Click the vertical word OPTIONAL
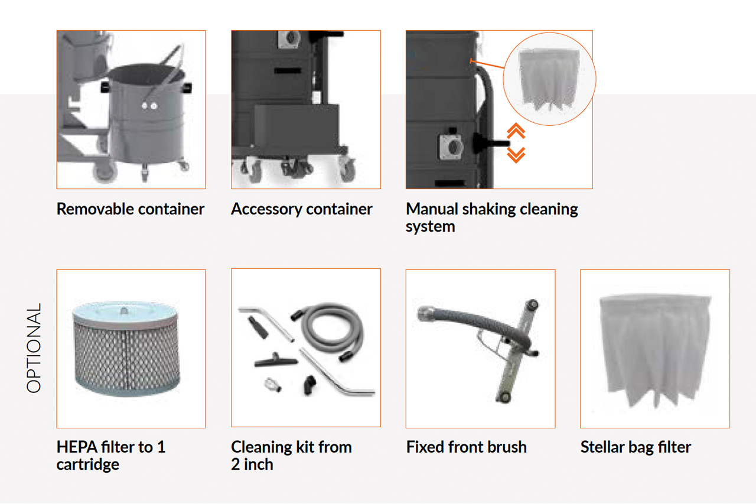pyautogui.click(x=34, y=348)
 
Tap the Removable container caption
pyautogui.click(x=131, y=209)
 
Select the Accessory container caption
pyautogui.click(x=302, y=209)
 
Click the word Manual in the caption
pyautogui.click(x=432, y=209)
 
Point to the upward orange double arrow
pyautogui.click(x=516, y=131)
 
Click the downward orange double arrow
pyautogui.click(x=516, y=155)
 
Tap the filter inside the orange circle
pyautogui.click(x=549, y=80)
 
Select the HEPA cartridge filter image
pyautogui.click(x=126, y=348)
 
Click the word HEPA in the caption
pyautogui.click(x=77, y=447)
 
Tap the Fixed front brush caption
pyautogui.click(x=466, y=447)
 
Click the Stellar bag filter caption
pyautogui.click(x=636, y=447)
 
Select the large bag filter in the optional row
pyautogui.click(x=655, y=351)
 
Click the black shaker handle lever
pyautogui.click(x=491, y=143)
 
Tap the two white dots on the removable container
pyautogui.click(x=149, y=106)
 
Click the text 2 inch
pyautogui.click(x=252, y=464)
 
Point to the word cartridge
pyautogui.click(x=88, y=465)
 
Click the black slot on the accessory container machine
pyautogui.click(x=288, y=70)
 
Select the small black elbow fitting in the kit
pyautogui.click(x=310, y=385)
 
